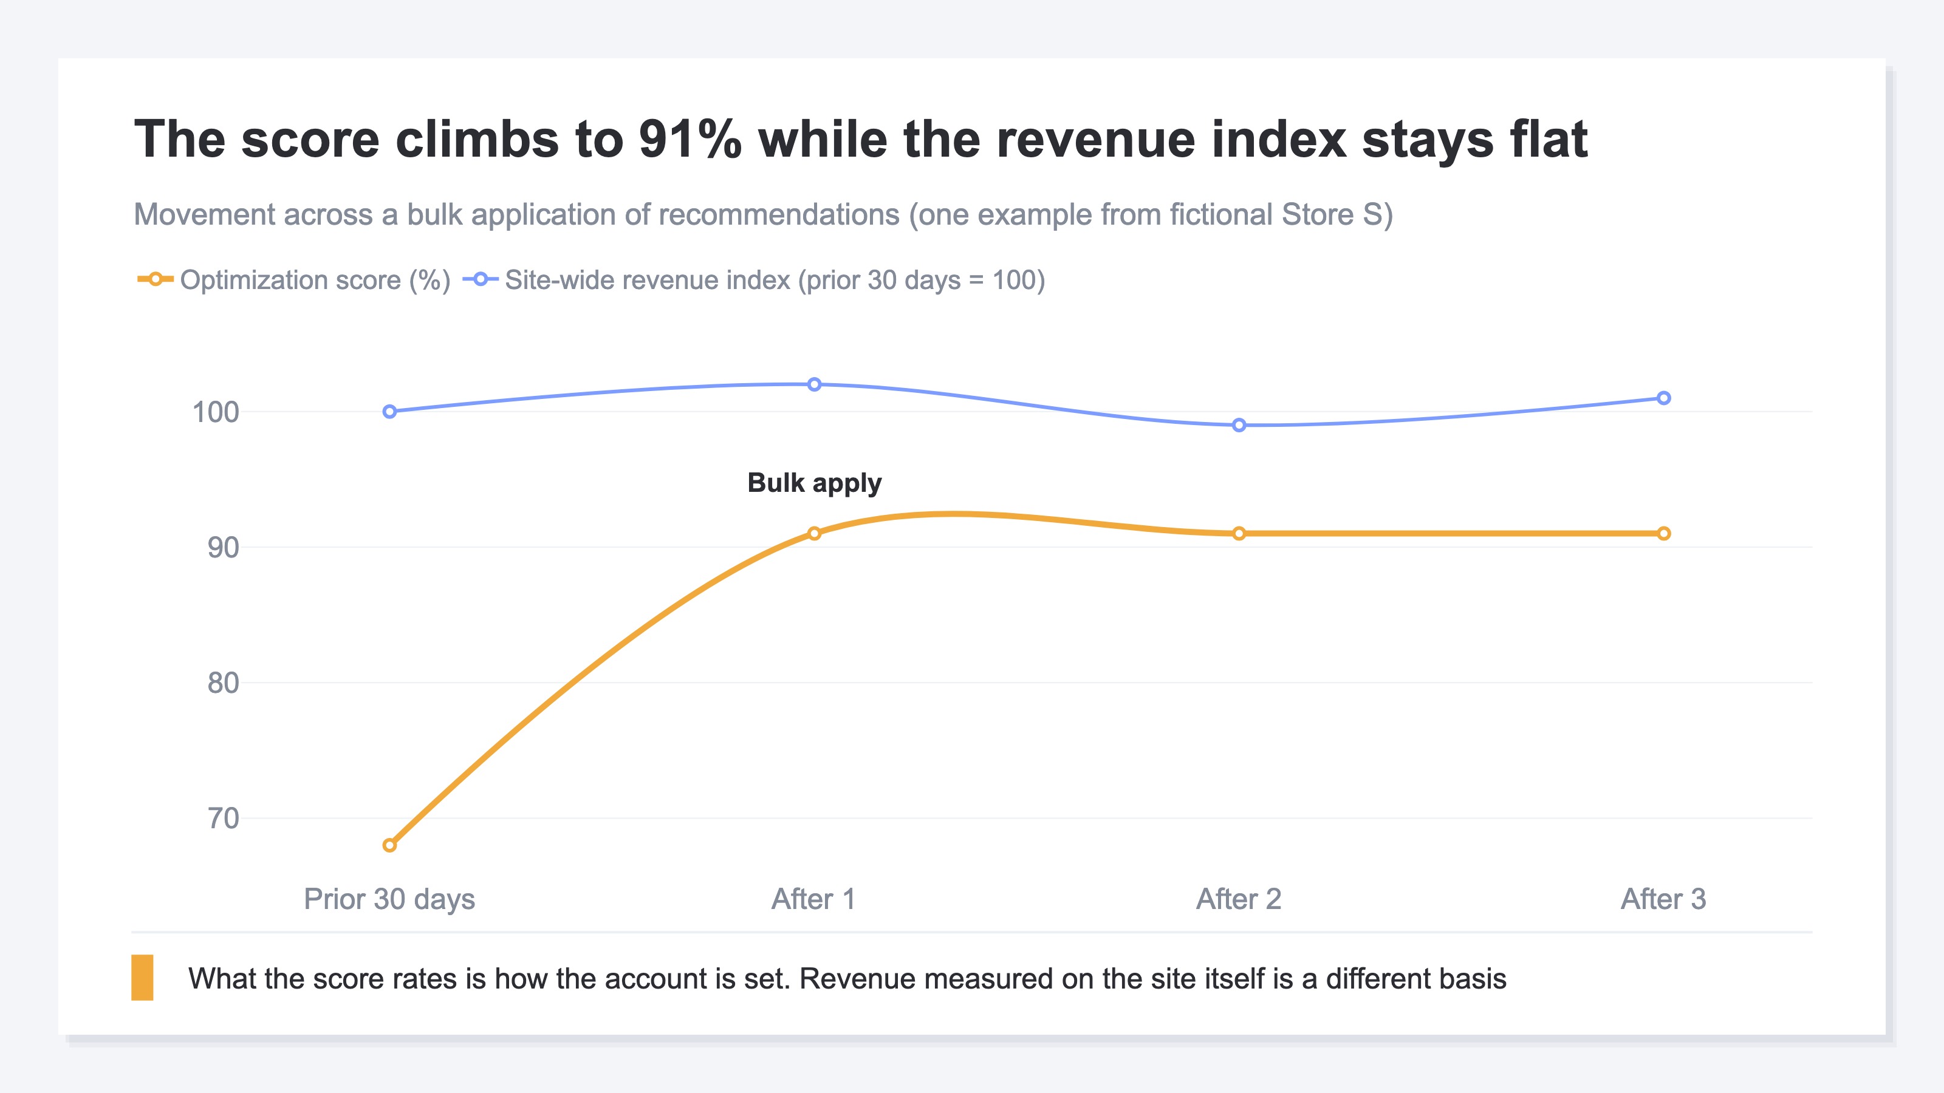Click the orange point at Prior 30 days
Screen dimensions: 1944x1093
[389, 845]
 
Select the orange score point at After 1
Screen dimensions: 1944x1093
[814, 533]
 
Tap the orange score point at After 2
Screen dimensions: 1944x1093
[1239, 533]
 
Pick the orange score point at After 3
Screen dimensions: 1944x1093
[1664, 533]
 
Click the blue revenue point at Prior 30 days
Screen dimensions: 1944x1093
[389, 411]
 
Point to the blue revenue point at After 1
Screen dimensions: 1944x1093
[814, 384]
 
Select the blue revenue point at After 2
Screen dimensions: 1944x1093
[1239, 424]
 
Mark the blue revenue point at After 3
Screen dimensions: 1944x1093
[1664, 398]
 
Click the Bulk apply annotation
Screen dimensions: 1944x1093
[814, 483]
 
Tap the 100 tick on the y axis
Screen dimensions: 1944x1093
[216, 412]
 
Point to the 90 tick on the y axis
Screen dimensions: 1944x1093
[224, 548]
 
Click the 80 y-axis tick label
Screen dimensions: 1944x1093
[224, 683]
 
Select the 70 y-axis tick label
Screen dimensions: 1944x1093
[224, 819]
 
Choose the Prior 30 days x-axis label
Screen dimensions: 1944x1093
[389, 899]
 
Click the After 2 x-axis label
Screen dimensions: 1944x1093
[1239, 899]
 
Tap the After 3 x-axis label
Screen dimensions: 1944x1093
[1664, 899]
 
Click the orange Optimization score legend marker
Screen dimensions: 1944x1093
[156, 279]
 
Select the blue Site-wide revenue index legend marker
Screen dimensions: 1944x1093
[481, 279]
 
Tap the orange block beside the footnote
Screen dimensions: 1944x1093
[143, 978]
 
